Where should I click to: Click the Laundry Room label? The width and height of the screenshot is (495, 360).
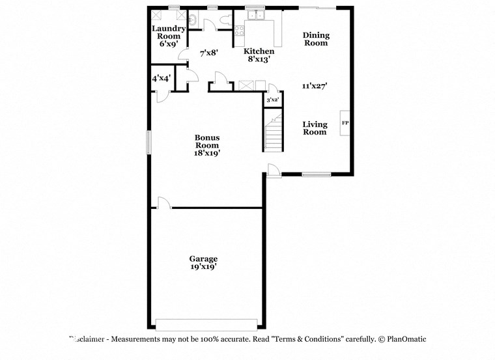[x=169, y=33]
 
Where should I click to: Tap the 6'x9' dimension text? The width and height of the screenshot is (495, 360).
[x=169, y=44]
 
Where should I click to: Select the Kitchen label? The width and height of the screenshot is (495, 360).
[x=259, y=51]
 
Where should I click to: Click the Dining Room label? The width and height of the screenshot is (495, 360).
[x=316, y=39]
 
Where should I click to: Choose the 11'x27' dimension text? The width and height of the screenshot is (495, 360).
[x=314, y=85]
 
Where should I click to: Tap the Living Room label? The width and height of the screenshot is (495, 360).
[x=315, y=128]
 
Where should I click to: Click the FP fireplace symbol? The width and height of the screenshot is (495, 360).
[x=345, y=123]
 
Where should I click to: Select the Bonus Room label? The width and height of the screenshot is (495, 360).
[x=207, y=141]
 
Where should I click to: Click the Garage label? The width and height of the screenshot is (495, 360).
[x=203, y=258]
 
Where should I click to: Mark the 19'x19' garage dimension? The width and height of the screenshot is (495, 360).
[x=203, y=266]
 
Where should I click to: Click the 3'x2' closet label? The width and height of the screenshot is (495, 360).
[x=272, y=100]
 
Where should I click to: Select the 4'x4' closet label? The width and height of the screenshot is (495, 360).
[x=162, y=78]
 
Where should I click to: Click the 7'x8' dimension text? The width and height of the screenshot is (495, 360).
[x=208, y=53]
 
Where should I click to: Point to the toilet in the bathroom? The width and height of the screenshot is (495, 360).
[x=225, y=20]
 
